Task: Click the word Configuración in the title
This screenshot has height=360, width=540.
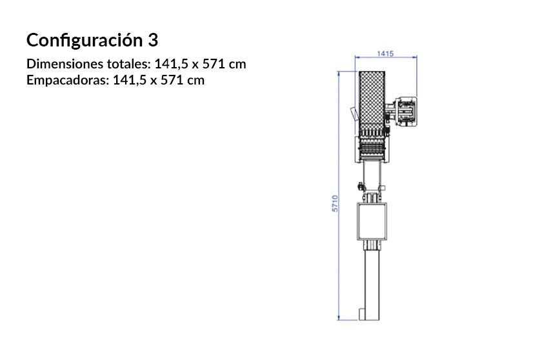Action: pos(81,40)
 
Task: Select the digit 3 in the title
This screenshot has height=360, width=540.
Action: pos(152,40)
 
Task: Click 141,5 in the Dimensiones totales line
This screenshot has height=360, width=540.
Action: pos(172,65)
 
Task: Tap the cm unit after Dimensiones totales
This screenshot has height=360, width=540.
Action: pos(237,65)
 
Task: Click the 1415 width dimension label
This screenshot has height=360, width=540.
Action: pos(385,54)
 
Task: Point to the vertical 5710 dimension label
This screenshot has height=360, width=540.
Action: pos(335,204)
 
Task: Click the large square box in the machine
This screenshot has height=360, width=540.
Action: pos(374,221)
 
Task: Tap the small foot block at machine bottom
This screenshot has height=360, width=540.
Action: pos(365,315)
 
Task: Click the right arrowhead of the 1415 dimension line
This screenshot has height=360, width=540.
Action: pos(415,58)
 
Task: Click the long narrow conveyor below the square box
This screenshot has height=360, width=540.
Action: pos(374,281)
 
